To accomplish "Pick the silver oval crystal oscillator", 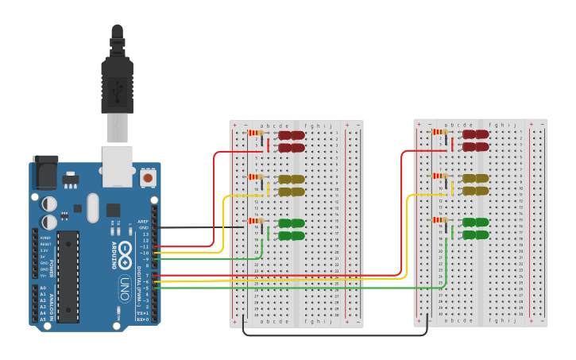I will click(x=93, y=208).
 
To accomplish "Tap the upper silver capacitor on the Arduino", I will click(x=49, y=203).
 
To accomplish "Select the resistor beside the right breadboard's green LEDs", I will click(x=439, y=220).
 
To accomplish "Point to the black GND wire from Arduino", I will click(x=199, y=227).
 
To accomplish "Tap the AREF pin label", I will click(x=143, y=222).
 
